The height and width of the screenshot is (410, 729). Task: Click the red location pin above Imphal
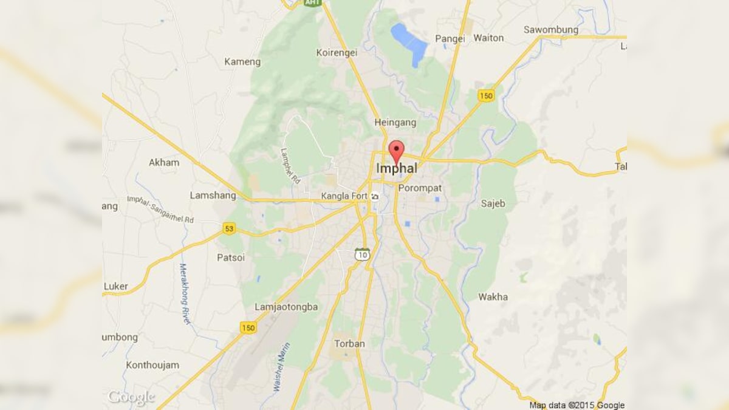click(396, 151)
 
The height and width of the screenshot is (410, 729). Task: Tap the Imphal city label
click(396, 168)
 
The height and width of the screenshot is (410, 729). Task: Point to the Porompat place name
click(420, 188)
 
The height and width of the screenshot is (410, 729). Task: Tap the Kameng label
click(242, 61)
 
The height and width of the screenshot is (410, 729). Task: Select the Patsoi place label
click(231, 258)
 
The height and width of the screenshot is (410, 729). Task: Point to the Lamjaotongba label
click(286, 307)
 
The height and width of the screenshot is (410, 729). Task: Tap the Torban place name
click(350, 344)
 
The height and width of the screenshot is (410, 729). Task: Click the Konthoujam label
click(152, 365)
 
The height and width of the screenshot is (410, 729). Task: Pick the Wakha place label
click(493, 297)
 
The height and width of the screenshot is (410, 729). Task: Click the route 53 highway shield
click(228, 228)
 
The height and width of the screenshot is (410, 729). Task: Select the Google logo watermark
click(131, 398)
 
